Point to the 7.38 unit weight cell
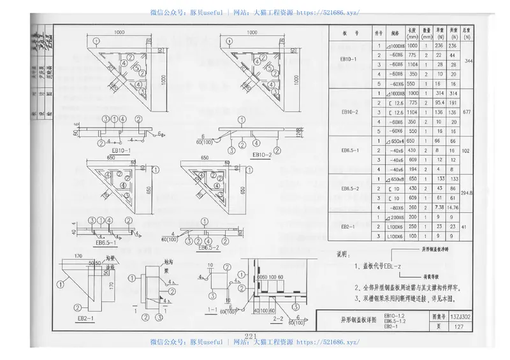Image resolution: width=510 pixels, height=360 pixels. (439, 207)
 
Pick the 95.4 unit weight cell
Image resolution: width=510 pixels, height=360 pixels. (439, 102)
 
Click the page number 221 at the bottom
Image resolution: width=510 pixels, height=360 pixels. (249, 336)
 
